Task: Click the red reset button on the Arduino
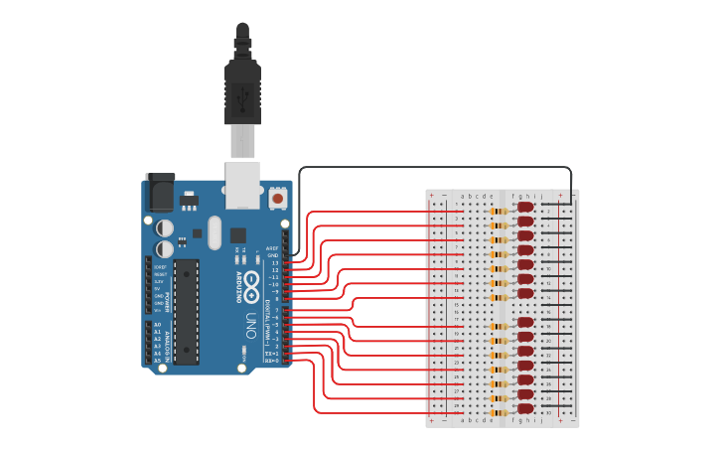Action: pos(279,199)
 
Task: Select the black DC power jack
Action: pos(160,191)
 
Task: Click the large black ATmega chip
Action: pos(186,311)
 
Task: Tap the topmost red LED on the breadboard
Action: pos(525,207)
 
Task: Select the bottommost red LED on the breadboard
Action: pos(525,408)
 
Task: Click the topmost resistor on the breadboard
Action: pos(500,212)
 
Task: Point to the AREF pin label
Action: pos(272,248)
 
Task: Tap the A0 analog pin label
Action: pos(157,325)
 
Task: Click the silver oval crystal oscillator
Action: pos(216,238)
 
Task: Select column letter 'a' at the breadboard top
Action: pos(463,196)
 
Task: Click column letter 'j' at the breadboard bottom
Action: pos(540,420)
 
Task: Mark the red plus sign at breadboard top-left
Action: pos(431,196)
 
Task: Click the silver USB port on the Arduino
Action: pos(242,185)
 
